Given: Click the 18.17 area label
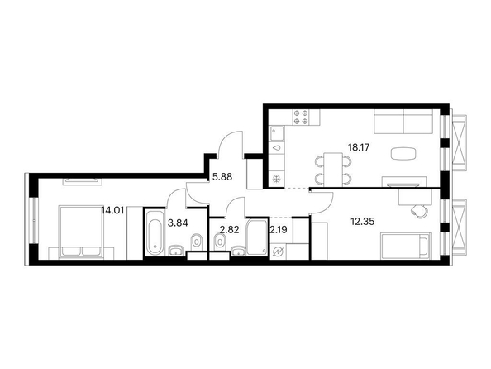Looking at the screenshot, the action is click(359, 147).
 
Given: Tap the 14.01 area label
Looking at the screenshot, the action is click(112, 210).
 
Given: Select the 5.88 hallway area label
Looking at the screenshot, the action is click(222, 177).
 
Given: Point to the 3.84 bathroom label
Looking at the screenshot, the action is click(178, 223).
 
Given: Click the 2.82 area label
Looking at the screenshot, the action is click(229, 230).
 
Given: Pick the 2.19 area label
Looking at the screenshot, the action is click(278, 230).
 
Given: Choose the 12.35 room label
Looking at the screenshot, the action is click(363, 222).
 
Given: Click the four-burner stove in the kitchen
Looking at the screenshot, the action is click(301, 117).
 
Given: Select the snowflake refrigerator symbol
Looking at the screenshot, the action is click(277, 180).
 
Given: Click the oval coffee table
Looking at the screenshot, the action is click(403, 153).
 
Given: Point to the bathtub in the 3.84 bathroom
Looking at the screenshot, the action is click(155, 233).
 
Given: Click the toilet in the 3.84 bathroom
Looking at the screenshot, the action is click(197, 242).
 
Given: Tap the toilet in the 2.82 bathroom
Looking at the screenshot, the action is click(220, 242).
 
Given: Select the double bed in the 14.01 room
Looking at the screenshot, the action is click(81, 232).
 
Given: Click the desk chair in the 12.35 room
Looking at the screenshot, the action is click(418, 211).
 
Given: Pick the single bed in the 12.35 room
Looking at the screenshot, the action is click(406, 246).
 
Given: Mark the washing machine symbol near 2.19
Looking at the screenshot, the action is click(278, 252).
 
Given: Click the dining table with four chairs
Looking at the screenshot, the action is click(333, 170).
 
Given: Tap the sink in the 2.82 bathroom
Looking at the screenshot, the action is click(240, 252).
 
